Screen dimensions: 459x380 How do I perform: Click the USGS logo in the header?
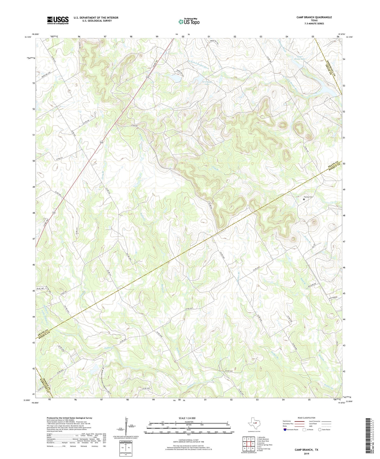58,20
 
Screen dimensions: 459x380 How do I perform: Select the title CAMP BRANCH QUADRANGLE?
314,17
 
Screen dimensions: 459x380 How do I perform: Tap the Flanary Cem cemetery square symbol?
304,199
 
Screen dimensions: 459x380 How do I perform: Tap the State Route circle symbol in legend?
320,429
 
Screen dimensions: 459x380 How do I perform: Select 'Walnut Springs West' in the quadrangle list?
264,445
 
